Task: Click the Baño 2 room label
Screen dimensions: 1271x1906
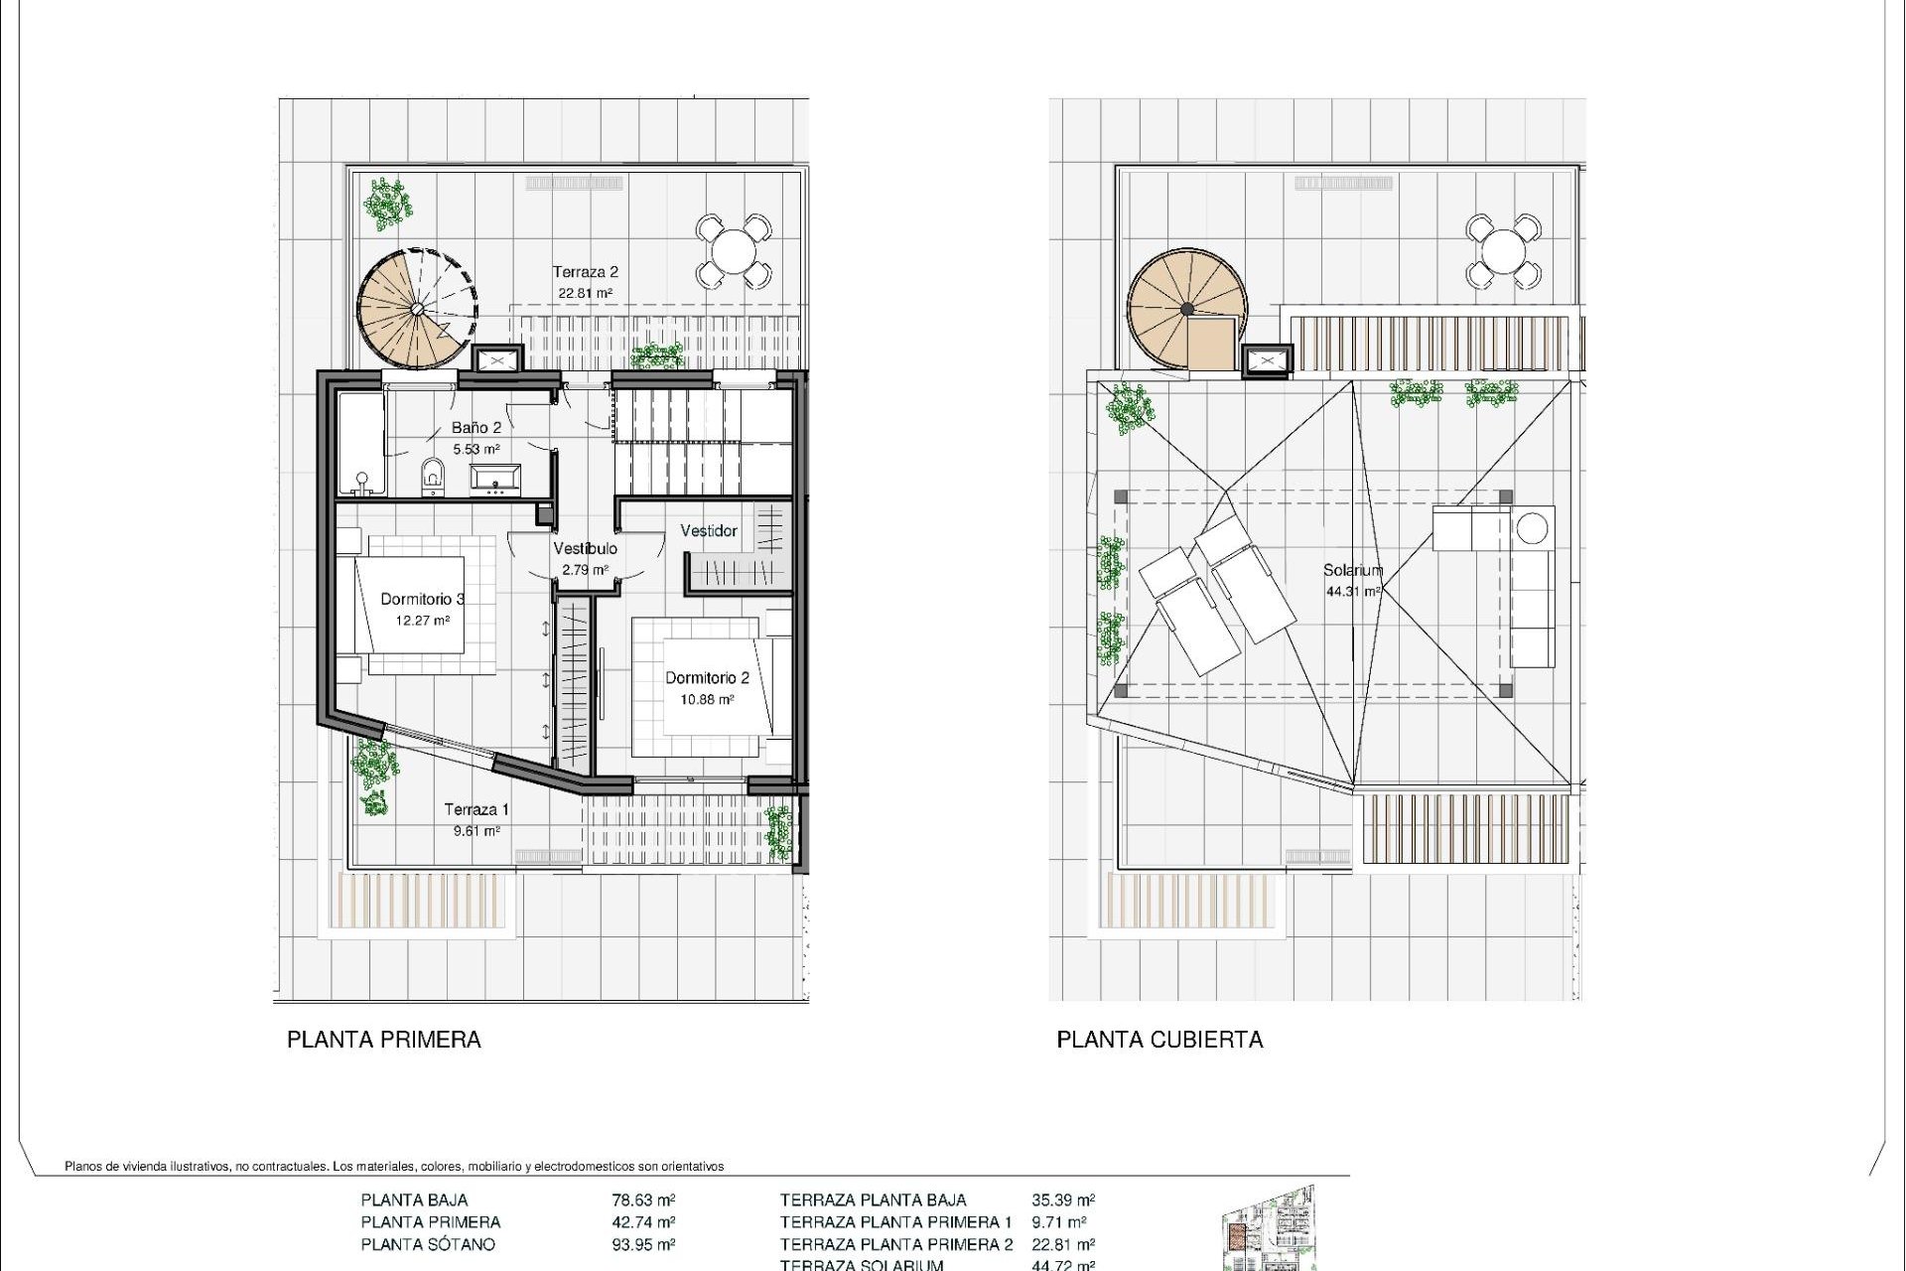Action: pos(476,428)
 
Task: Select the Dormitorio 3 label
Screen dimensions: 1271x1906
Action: pos(423,599)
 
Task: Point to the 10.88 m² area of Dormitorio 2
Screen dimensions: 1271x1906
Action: pos(707,700)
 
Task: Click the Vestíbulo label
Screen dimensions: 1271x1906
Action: pos(585,548)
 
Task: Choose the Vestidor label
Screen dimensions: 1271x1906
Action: pos(709,531)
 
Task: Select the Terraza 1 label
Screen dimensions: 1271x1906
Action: pos(476,809)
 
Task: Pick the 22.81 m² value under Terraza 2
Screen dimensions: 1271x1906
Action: pos(585,293)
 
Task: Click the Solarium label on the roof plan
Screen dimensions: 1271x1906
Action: pos(1352,571)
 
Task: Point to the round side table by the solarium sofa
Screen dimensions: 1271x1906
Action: pos(1534,527)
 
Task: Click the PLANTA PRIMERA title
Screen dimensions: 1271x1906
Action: pos(384,1040)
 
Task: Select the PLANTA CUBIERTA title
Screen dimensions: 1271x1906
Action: pos(1159,1040)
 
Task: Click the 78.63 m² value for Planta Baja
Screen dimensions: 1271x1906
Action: pos(643,1200)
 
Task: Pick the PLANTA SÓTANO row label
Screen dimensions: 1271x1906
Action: pos(428,1244)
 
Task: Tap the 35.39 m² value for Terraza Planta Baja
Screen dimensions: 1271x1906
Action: pos(1063,1200)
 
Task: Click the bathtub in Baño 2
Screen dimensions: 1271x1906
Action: pos(359,444)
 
